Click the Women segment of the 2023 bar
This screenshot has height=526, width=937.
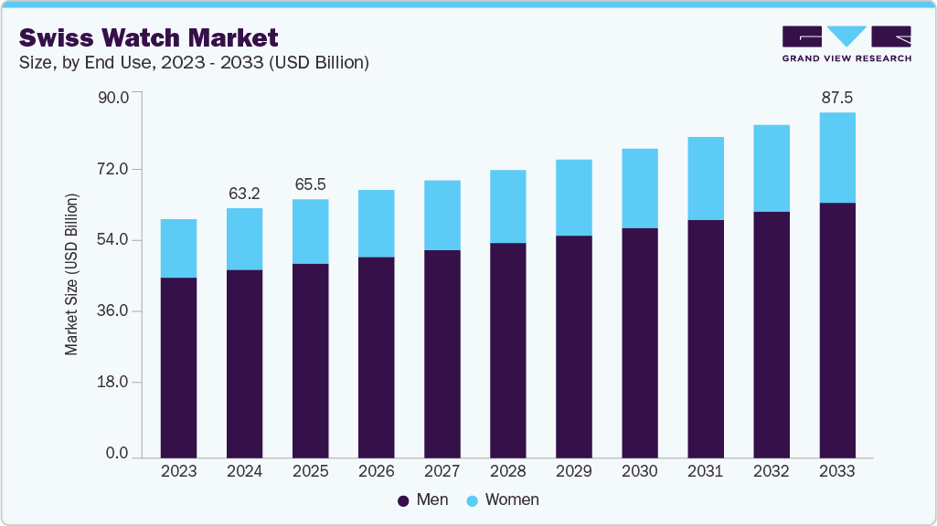pos(178,248)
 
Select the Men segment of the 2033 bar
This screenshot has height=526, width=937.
pos(836,330)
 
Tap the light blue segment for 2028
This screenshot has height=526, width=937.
pos(507,206)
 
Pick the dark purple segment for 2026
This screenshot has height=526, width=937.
pos(376,357)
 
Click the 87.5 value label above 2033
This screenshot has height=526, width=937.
pos(837,97)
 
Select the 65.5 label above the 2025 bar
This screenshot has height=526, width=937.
pos(310,184)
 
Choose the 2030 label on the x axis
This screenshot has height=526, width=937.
pos(639,471)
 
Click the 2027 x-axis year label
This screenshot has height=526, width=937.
pos(442,471)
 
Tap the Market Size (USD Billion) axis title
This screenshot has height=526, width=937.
pos(71,274)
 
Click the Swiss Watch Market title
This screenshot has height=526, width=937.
pos(148,37)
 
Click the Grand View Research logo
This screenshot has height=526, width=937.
pos(846,44)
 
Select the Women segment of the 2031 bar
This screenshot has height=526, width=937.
pos(705,178)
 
